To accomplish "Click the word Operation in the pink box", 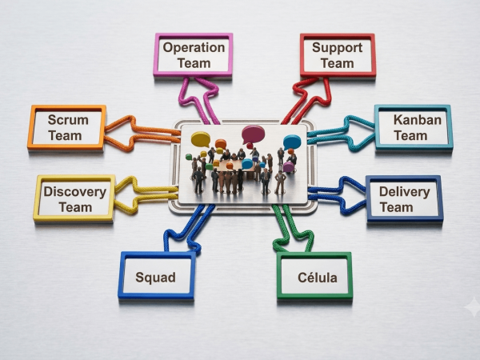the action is pyautogui.click(x=194, y=47).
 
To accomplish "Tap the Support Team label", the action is pyautogui.click(x=337, y=55).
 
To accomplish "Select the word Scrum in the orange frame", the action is pyautogui.click(x=68, y=120).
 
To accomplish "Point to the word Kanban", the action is pyautogui.click(x=418, y=120).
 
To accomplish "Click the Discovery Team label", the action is pyautogui.click(x=75, y=199).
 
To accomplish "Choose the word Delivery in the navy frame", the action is pyautogui.click(x=404, y=192).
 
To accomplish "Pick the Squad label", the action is pyautogui.click(x=155, y=278).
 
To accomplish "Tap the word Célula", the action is pyautogui.click(x=318, y=278).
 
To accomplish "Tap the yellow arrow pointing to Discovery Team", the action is pyautogui.click(x=141, y=194).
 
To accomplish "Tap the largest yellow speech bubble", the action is pyautogui.click(x=201, y=139).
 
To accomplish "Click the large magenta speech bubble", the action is pyautogui.click(x=253, y=134).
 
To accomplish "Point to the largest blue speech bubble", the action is pyautogui.click(x=292, y=142).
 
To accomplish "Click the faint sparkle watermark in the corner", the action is pyautogui.click(x=473, y=306).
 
